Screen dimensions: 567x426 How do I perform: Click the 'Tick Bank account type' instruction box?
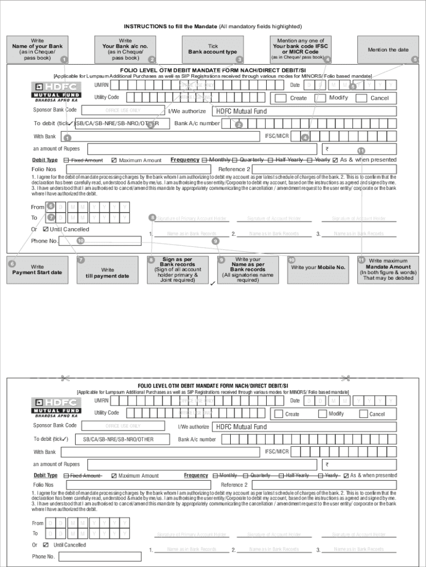pos(213,49)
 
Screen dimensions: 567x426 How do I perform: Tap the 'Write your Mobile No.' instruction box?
pos(318,268)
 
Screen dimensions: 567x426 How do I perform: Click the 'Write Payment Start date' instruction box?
pos(37,270)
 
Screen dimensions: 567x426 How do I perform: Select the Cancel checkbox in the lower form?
pos(363,414)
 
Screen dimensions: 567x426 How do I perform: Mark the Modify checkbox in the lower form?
pos(322,414)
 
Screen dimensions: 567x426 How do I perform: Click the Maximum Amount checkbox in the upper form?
pos(114,161)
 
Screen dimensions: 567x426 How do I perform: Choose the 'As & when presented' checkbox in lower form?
pos(346,476)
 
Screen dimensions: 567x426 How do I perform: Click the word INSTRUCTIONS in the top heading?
pos(145,26)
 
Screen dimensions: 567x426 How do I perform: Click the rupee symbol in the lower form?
pos(327,465)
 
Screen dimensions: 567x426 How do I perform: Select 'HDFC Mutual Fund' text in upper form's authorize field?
pos(241,111)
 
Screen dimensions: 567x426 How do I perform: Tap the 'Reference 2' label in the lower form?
pos(235,485)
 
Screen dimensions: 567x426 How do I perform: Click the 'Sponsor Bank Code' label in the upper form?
pos(55,110)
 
